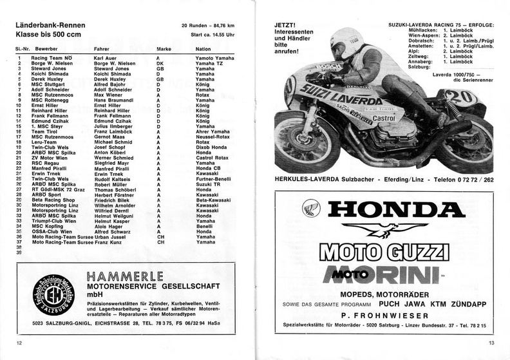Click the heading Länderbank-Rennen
point(48,25)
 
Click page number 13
point(491,343)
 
